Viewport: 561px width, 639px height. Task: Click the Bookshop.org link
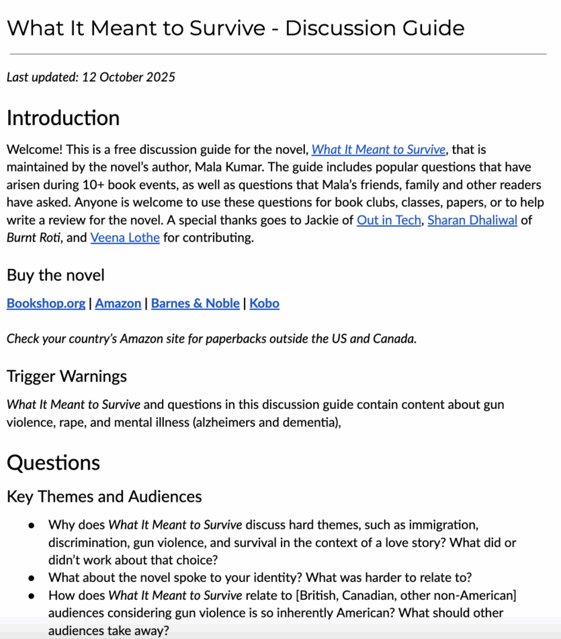[x=46, y=303]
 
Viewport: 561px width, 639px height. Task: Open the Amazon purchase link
[x=118, y=303]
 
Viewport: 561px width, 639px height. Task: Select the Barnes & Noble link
[x=196, y=303]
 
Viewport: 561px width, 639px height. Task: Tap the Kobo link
[x=264, y=303]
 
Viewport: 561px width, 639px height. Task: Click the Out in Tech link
[x=388, y=220]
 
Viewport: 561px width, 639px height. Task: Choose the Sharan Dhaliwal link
[x=472, y=220]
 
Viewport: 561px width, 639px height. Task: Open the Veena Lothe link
[x=125, y=237]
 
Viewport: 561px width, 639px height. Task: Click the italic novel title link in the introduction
[x=378, y=150]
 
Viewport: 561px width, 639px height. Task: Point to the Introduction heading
[x=63, y=118]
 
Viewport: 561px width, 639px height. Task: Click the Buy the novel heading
[x=56, y=275]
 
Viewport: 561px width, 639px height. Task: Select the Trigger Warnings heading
[x=67, y=375]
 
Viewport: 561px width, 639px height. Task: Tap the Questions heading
[x=53, y=463]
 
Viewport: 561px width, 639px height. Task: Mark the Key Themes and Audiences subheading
[x=104, y=496]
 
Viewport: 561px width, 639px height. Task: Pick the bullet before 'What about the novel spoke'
[x=31, y=577]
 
